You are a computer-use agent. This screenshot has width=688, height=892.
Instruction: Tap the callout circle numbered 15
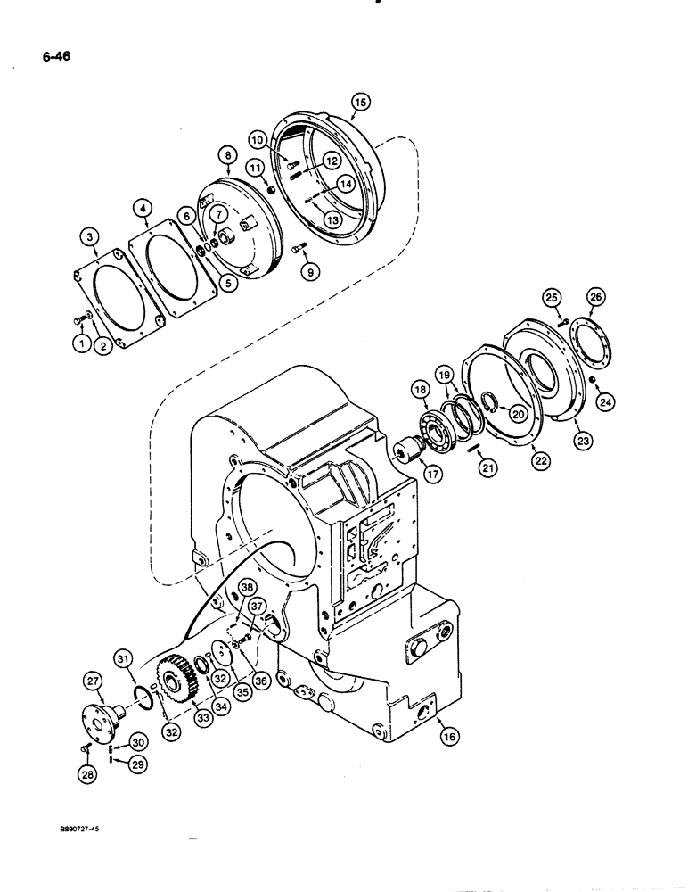point(360,103)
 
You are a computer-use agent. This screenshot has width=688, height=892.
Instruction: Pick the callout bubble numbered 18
point(420,389)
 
